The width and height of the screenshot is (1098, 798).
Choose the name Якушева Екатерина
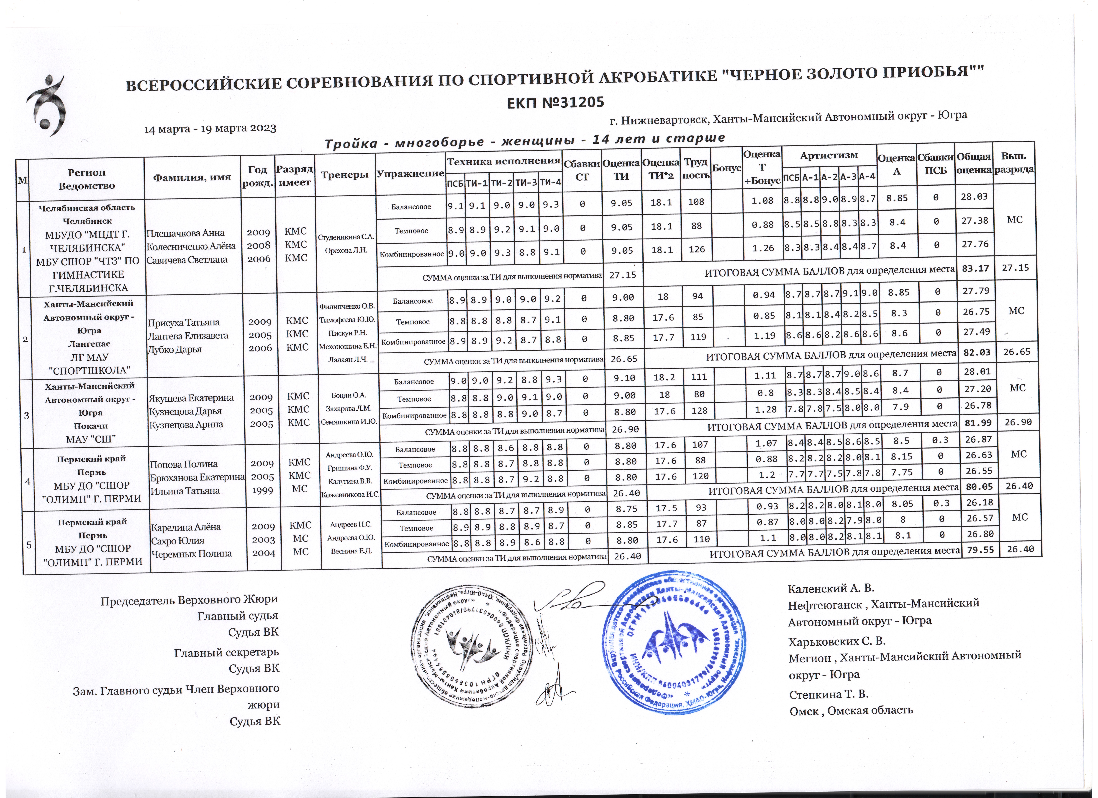point(191,398)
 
